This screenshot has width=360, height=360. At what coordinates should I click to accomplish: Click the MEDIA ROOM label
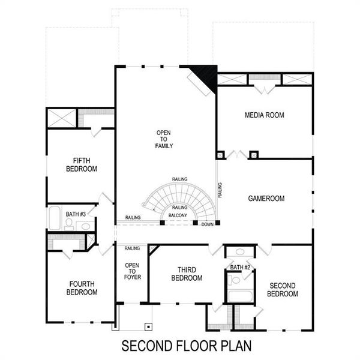coord(264,115)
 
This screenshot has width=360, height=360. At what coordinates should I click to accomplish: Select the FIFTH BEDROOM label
coord(81,164)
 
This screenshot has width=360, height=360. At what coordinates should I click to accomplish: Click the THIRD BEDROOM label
coord(186,274)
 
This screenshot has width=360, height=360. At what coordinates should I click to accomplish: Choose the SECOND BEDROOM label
coord(283,290)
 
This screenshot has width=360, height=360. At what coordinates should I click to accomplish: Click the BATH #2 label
coord(239,267)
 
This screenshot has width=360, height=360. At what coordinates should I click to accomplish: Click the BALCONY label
coord(178,215)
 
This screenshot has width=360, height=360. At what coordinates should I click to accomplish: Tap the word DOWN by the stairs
coord(208,224)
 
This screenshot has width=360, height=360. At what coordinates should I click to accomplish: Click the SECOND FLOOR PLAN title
coord(186,346)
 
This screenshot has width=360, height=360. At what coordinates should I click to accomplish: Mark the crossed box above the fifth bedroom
coord(61,118)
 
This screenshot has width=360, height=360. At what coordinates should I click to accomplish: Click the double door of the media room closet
coord(265,89)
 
